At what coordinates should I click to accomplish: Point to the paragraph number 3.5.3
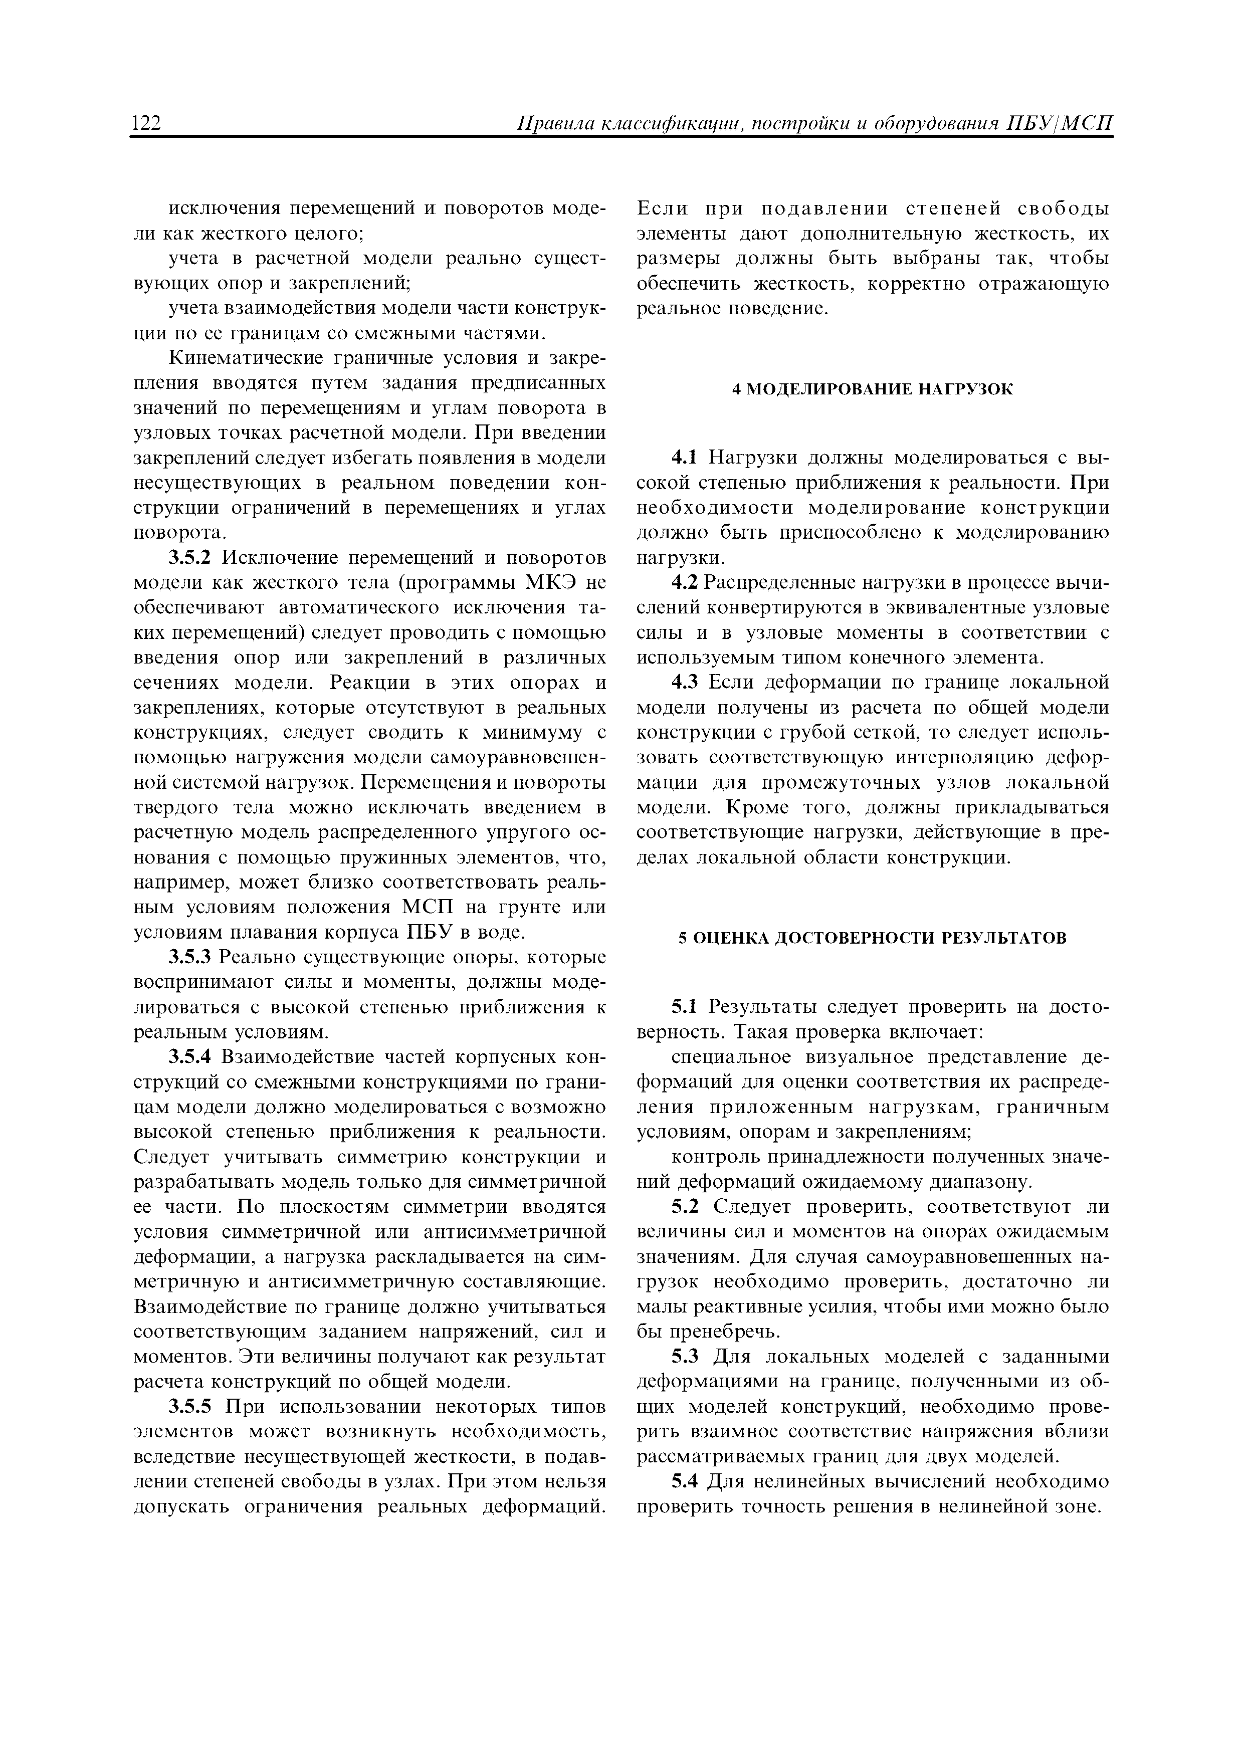pyautogui.click(x=189, y=958)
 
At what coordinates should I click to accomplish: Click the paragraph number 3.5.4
pyautogui.click(x=189, y=1057)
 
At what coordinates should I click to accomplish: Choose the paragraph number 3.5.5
pyautogui.click(x=189, y=1407)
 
